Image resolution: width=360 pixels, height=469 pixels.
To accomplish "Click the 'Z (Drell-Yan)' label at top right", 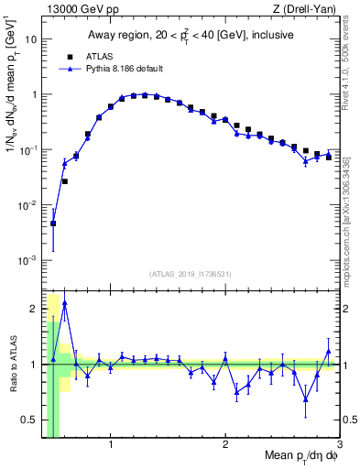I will (x=303, y=10).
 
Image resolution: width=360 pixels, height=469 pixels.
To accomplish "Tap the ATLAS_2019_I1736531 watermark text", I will (x=190, y=273).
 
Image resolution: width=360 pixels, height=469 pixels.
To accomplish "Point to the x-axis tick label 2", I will (x=225, y=447).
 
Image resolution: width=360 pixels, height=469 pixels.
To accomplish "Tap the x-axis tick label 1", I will (x=111, y=447).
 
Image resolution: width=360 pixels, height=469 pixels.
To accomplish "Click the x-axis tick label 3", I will (x=339, y=447).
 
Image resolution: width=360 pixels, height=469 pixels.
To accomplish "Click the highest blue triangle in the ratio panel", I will (x=64, y=302).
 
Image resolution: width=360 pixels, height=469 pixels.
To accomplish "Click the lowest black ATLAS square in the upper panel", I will (x=53, y=223).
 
